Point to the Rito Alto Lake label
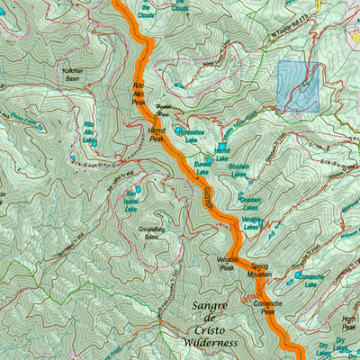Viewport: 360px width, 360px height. coord(89,131)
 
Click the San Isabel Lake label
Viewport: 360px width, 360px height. coord(133,196)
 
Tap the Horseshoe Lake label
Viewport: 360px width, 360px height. coord(191,136)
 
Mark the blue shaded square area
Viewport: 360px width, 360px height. coord(298,86)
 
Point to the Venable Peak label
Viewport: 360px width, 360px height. coord(228,263)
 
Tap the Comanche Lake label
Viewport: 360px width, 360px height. coord(317,279)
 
